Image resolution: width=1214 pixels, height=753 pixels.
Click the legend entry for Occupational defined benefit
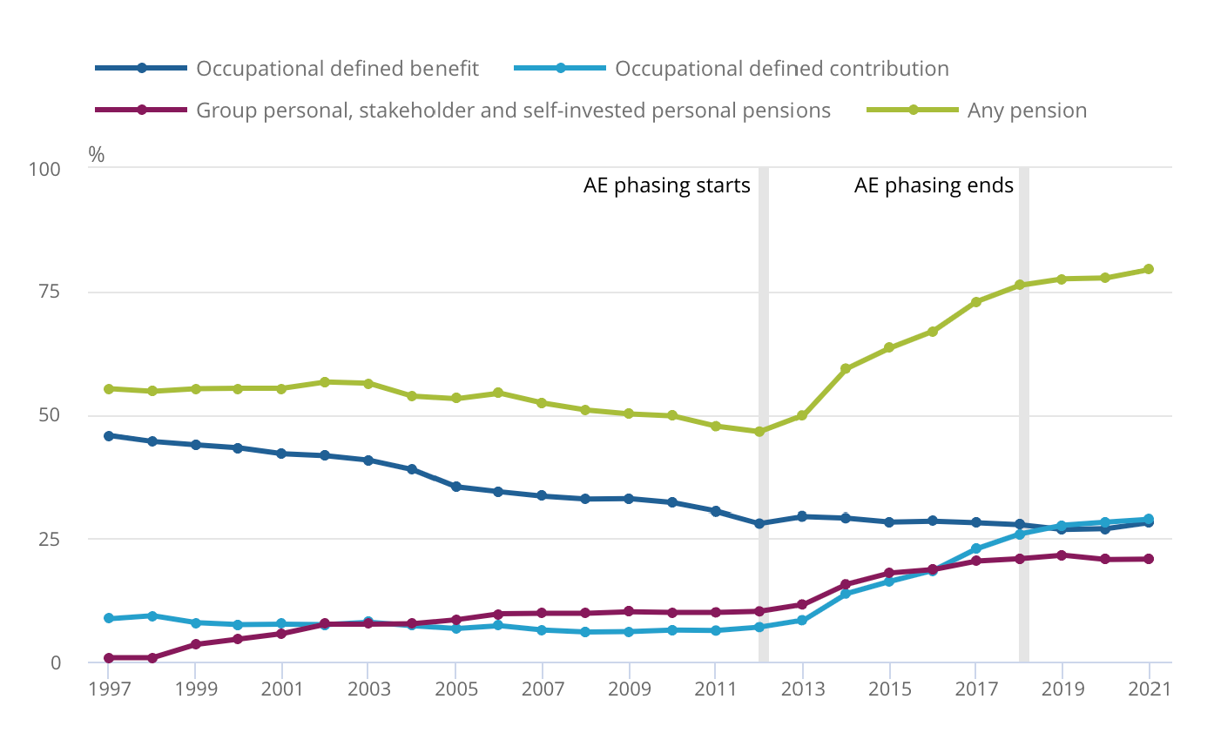(337, 69)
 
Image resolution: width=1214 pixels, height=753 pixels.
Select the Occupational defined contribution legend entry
(781, 69)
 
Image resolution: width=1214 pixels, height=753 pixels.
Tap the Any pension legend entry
(1027, 111)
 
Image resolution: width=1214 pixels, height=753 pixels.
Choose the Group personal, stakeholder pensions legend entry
(513, 111)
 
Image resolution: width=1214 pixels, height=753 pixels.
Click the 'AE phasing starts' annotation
(666, 186)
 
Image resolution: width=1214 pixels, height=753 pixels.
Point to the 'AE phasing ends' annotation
(934, 186)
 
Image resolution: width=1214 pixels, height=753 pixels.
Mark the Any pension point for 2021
(1149, 269)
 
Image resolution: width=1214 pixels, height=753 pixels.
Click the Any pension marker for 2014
(845, 369)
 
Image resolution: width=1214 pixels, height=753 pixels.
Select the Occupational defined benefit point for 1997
(108, 436)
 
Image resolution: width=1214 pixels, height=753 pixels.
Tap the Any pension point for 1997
(108, 389)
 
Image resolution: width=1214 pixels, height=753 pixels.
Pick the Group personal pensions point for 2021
(1149, 559)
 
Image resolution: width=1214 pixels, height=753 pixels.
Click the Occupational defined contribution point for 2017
(975, 549)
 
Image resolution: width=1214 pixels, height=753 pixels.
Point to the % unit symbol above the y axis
(96, 156)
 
